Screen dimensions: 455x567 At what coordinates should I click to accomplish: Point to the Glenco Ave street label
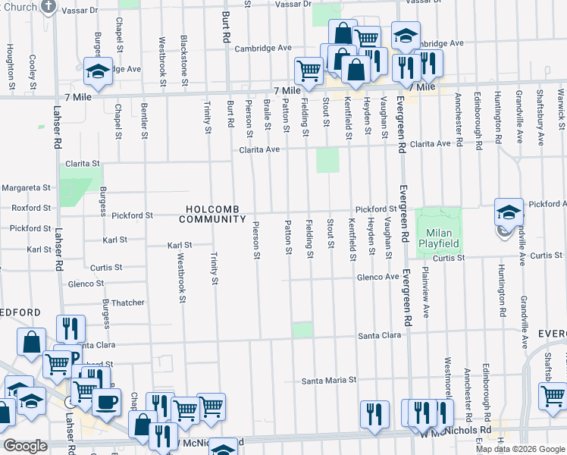point(378,278)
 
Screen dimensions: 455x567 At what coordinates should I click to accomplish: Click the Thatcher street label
point(127,303)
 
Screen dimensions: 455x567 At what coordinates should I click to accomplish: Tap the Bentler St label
point(145,121)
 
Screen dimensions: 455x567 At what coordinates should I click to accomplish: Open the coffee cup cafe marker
point(106,401)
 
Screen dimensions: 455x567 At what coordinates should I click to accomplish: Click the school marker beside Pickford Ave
point(509,212)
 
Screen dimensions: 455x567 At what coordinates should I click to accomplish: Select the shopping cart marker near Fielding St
point(308,71)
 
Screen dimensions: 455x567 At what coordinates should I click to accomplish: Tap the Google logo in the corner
point(25,446)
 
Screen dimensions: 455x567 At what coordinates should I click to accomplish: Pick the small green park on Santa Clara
point(302,329)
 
